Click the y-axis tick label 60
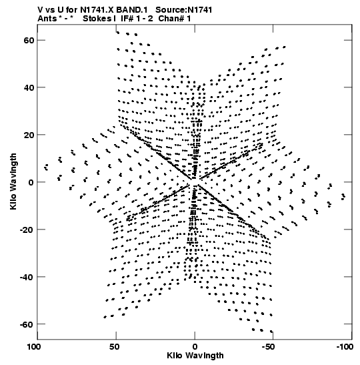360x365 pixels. [x=29, y=40]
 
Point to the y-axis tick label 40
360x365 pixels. [x=29, y=87]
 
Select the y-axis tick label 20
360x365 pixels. [x=29, y=135]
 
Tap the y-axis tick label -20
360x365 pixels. [x=27, y=230]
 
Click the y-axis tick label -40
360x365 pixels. [x=27, y=277]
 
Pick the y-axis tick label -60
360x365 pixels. [x=27, y=324]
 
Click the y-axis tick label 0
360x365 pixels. [x=31, y=182]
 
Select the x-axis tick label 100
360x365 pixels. [x=34, y=347]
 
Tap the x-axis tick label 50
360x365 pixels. [x=115, y=347]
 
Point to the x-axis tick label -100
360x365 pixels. [x=345, y=347]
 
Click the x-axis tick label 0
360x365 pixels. [x=195, y=347]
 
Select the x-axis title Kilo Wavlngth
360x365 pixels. [x=195, y=356]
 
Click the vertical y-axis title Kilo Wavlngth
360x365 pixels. [x=13, y=181]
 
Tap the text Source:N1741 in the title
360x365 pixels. [x=184, y=10]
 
